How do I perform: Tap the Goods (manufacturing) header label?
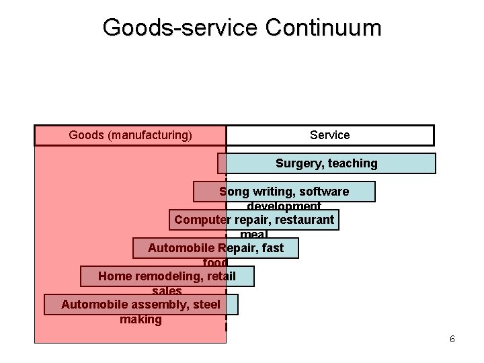coord(130,135)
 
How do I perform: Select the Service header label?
coord(329,135)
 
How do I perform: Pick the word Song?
coord(235,192)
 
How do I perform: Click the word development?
coord(284,206)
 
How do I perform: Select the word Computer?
coord(202,220)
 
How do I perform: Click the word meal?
coord(253,234)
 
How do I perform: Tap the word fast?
coord(273,248)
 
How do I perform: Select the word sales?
coord(167,291)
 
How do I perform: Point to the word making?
coord(140,319)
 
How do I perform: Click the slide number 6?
coord(452,339)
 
